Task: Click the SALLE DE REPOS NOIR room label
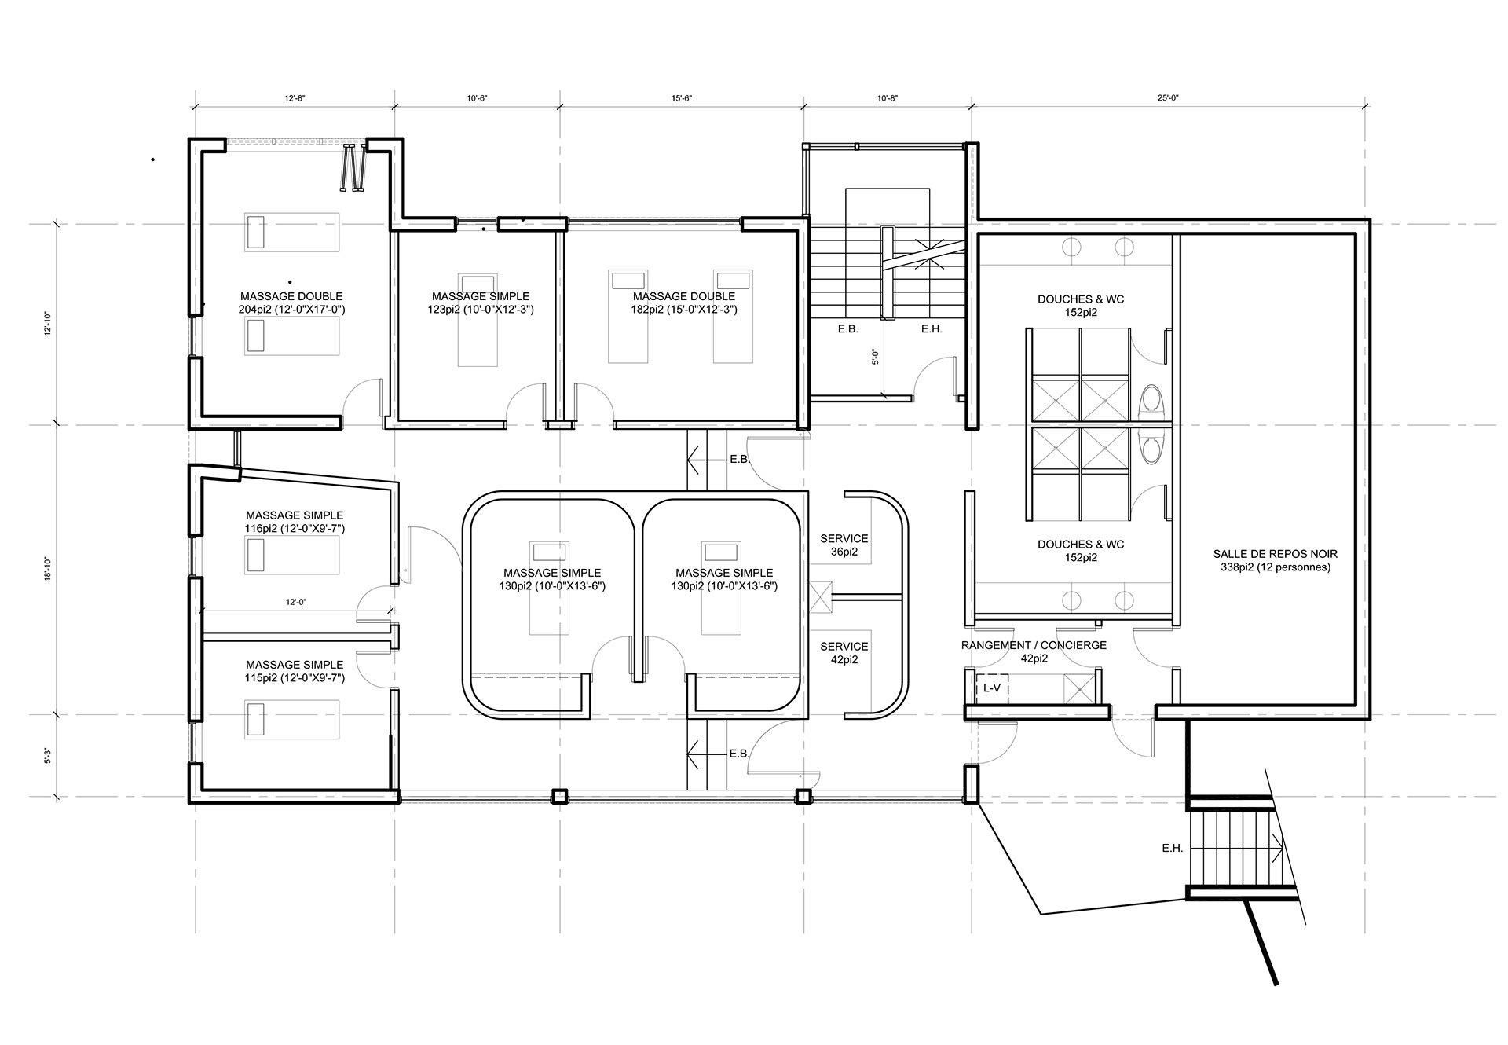(x=1276, y=560)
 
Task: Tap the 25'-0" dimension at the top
(x=1169, y=98)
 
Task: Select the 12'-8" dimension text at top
(x=295, y=98)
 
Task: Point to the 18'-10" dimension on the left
(x=48, y=569)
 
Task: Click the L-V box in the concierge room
(x=992, y=688)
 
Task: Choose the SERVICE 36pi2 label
(x=844, y=545)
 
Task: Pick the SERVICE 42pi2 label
(x=844, y=653)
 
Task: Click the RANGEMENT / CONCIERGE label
(x=1034, y=651)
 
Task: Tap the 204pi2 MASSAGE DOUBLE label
(x=291, y=302)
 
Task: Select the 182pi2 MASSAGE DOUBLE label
(x=684, y=302)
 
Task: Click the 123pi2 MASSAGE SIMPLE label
(x=481, y=302)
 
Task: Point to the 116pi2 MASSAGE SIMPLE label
(x=295, y=522)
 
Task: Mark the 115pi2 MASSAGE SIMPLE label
(x=295, y=671)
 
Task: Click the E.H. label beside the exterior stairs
(x=1173, y=849)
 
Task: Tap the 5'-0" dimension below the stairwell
(x=875, y=357)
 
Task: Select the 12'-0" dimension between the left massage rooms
(x=295, y=602)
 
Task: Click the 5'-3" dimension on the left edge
(x=48, y=756)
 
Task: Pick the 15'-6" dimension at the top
(x=682, y=98)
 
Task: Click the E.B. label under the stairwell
(x=847, y=329)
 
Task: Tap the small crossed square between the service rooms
(x=821, y=596)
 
